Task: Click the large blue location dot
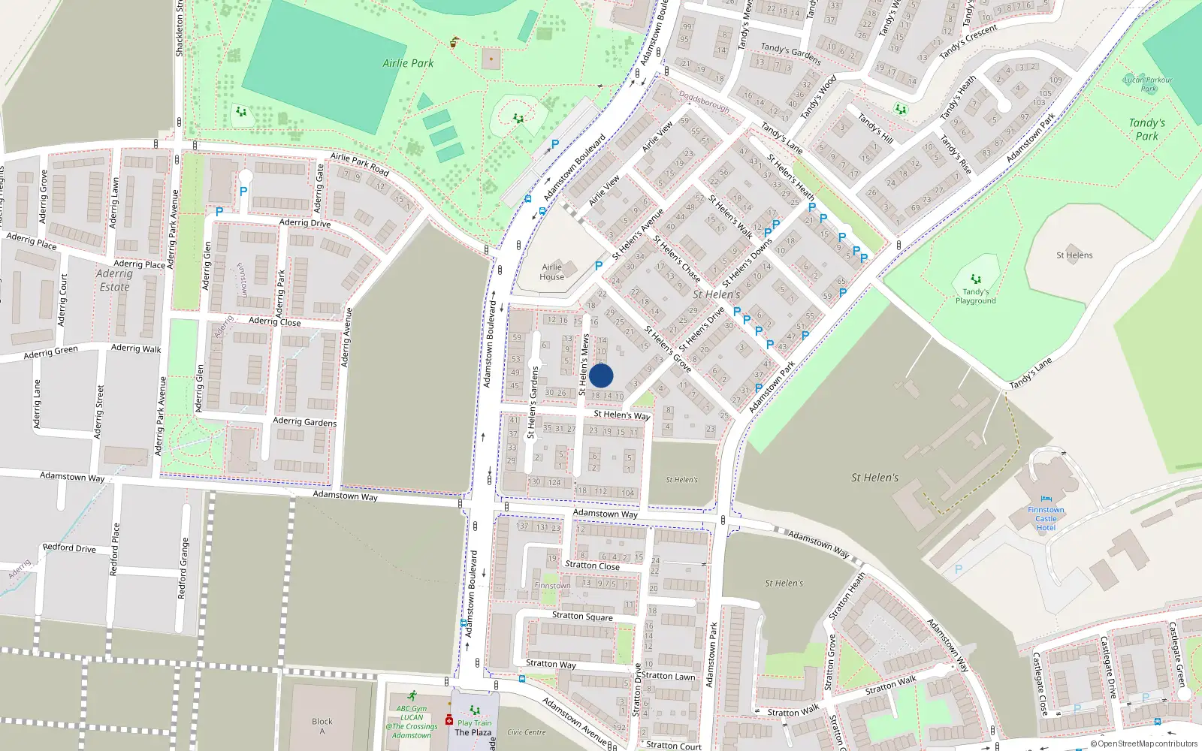click(601, 375)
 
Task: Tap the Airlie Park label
click(408, 63)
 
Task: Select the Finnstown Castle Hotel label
click(1046, 518)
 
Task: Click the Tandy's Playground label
click(975, 296)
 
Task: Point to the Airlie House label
click(552, 272)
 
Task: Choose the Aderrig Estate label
click(114, 280)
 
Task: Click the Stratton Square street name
click(582, 616)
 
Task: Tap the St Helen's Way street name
click(621, 415)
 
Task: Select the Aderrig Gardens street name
click(304, 421)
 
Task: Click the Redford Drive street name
click(69, 547)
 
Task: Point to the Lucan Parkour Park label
click(1148, 84)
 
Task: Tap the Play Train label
click(475, 722)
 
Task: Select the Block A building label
click(322, 726)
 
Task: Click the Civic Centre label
click(526, 731)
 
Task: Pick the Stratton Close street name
click(592, 566)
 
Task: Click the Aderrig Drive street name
click(304, 222)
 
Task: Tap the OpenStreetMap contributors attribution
click(1143, 743)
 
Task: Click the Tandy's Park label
click(1146, 129)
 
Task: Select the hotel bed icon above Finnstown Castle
click(1046, 499)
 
